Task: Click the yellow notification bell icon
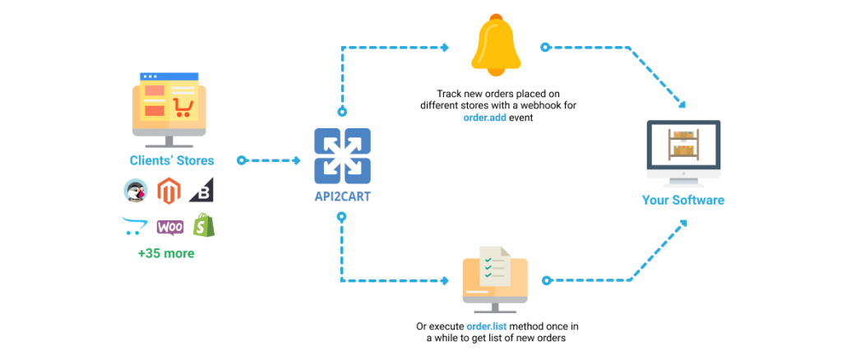(496, 47)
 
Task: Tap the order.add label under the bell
(484, 118)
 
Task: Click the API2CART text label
(342, 197)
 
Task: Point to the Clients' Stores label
(172, 160)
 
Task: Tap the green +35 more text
(167, 253)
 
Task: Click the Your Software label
(683, 200)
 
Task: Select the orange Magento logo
(168, 191)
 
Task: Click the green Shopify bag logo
(203, 225)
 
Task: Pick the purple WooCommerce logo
(169, 227)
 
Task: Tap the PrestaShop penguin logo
(135, 191)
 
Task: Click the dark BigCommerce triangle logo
(201, 191)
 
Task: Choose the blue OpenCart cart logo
(134, 225)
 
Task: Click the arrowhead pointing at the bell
(445, 48)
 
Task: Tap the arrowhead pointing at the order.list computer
(445, 280)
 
